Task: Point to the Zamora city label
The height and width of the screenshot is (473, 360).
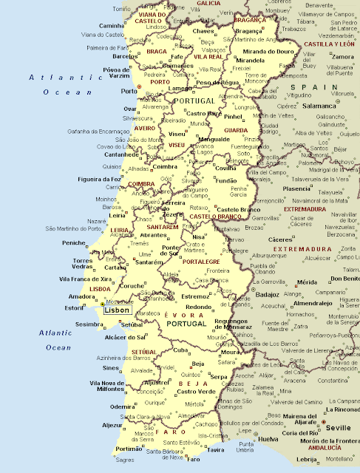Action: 343,56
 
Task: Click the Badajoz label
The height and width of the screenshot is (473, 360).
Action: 267,293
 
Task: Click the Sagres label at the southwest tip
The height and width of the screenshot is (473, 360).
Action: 126,459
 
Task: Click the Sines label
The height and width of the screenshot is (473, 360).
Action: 110,367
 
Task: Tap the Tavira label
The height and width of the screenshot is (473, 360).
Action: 216,449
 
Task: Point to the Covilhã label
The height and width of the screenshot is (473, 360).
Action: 225,168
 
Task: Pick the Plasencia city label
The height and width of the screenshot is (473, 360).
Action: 296,188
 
